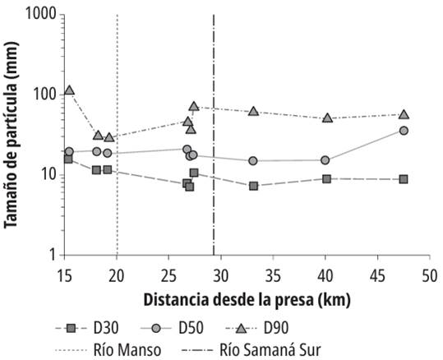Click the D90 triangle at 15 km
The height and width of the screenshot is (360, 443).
pos(69,90)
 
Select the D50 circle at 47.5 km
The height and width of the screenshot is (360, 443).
pos(404,131)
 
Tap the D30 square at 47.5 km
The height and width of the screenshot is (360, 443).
pos(404,179)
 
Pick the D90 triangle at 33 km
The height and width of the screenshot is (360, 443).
pos(253,111)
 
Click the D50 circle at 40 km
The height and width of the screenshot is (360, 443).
pos(325,160)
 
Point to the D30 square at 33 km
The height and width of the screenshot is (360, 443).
pos(253,186)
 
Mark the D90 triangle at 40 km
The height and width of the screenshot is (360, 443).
pos(327,118)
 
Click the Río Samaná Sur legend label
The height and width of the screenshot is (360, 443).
pos(267,347)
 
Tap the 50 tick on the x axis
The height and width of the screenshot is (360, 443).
pos(428,274)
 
